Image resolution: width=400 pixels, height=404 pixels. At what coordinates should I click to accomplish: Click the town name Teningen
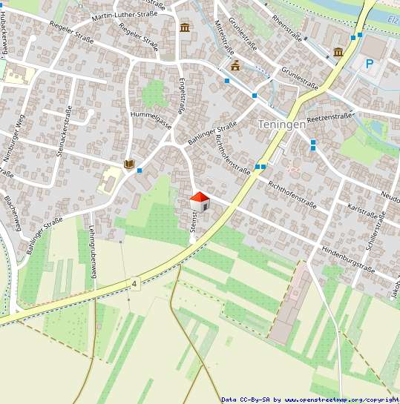pos(281,125)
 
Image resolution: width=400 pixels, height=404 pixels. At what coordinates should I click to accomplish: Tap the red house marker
pos(200,201)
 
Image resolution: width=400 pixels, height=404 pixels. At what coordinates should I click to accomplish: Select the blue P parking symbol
pos(369,64)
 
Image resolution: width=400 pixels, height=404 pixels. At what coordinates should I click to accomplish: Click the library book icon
pos(129,164)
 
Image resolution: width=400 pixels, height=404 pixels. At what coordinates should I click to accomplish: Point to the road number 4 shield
pos(135,283)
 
